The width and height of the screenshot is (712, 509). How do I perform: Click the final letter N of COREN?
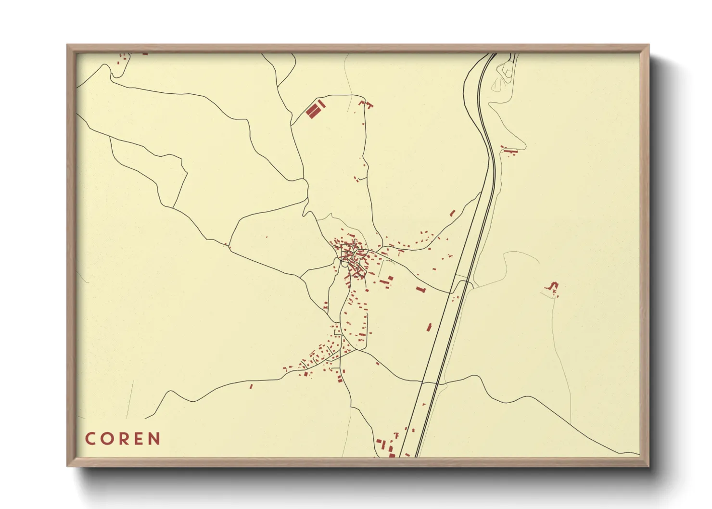coord(154,439)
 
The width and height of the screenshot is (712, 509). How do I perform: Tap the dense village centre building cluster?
coord(353,257)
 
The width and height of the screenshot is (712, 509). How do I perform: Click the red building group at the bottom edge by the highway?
coord(385,446)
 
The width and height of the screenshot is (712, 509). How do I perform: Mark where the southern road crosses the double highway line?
coord(431,383)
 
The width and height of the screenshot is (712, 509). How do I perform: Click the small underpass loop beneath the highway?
coord(463,283)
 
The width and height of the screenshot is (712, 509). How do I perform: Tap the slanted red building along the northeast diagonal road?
coord(452,213)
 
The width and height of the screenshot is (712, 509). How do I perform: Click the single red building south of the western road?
coord(251,386)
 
